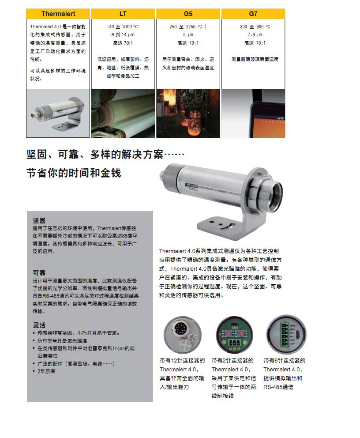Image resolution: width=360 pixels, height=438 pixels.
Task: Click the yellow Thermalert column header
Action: tap(58, 14)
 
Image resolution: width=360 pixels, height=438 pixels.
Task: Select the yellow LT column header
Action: tap(123, 14)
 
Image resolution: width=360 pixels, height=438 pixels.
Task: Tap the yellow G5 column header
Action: tap(188, 14)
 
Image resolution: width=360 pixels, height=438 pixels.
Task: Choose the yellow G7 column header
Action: tap(253, 14)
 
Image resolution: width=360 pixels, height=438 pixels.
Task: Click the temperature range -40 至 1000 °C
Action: tap(123, 27)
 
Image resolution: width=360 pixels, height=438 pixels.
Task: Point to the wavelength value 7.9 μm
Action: tap(253, 35)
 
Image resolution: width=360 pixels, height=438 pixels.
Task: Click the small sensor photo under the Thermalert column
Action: tap(58, 113)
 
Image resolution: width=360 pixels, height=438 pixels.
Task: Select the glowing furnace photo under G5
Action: tap(188, 113)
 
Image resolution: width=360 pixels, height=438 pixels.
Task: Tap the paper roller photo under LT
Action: tap(123, 113)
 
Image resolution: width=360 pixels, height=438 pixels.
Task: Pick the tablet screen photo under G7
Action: tap(253, 113)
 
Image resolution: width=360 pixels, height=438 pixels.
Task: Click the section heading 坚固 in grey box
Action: tap(39, 220)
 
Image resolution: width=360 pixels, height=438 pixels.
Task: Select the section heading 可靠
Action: tap(39, 272)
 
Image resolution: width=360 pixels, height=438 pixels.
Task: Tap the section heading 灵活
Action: tap(39, 325)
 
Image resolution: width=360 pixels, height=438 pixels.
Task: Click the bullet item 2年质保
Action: tap(46, 371)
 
